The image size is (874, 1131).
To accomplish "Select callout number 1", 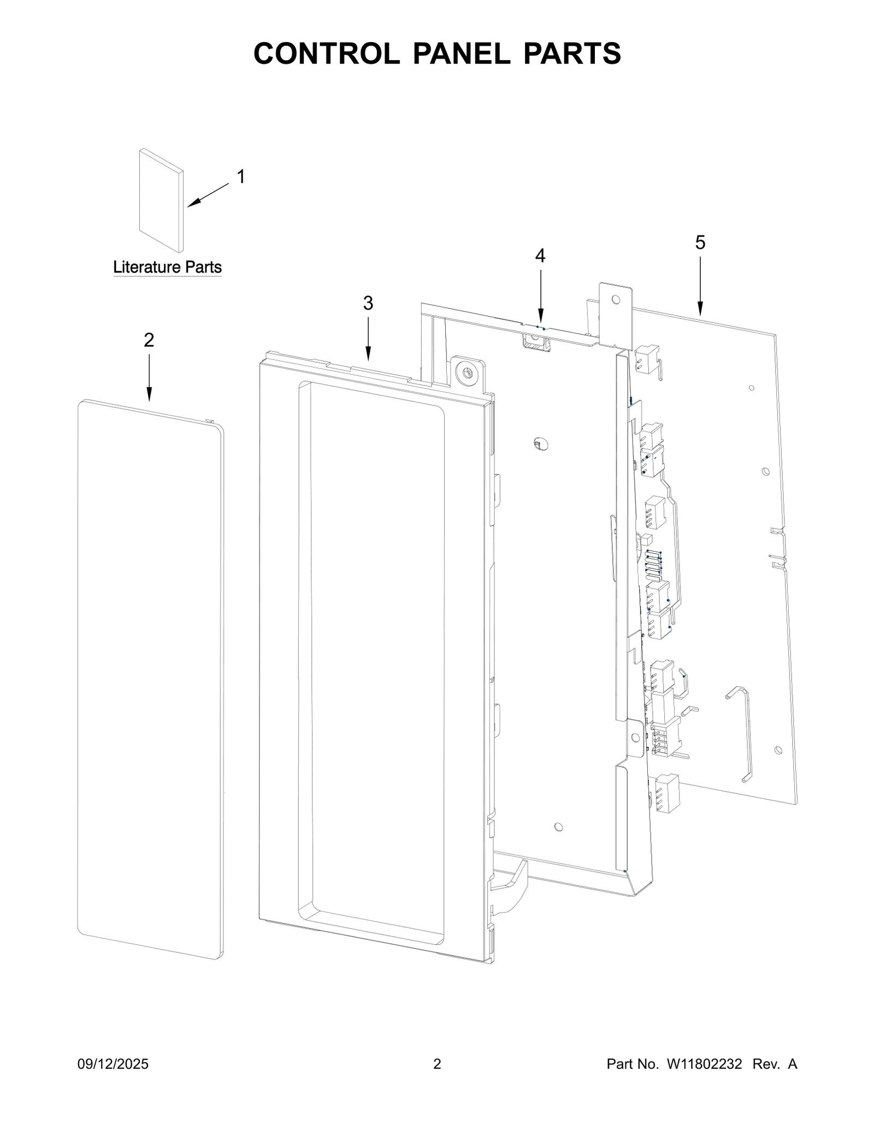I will [x=240, y=176].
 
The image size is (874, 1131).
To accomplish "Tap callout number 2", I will [x=149, y=340].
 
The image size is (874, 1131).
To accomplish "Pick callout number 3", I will [x=368, y=303].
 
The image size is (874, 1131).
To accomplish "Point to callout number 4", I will [x=540, y=255].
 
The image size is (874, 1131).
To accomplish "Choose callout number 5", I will [x=700, y=242].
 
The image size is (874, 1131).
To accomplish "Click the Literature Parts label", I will [x=167, y=267].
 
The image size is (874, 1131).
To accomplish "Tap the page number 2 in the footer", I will [x=436, y=1064].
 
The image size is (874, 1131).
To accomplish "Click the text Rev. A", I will [x=775, y=1064].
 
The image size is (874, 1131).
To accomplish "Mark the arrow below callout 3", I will [x=368, y=338].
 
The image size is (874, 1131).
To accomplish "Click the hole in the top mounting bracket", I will [x=616, y=299].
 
